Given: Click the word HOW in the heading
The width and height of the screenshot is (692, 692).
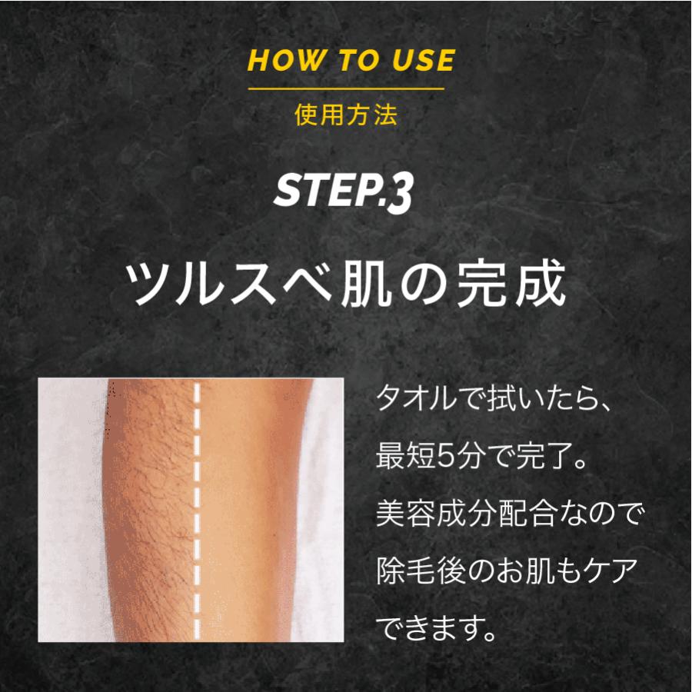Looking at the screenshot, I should point(277,61).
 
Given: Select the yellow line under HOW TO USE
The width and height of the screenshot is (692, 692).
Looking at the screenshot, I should point(346,89).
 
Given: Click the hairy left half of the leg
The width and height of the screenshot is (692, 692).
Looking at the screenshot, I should point(150,507).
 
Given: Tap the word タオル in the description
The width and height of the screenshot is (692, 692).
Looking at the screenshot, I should point(411,401).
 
